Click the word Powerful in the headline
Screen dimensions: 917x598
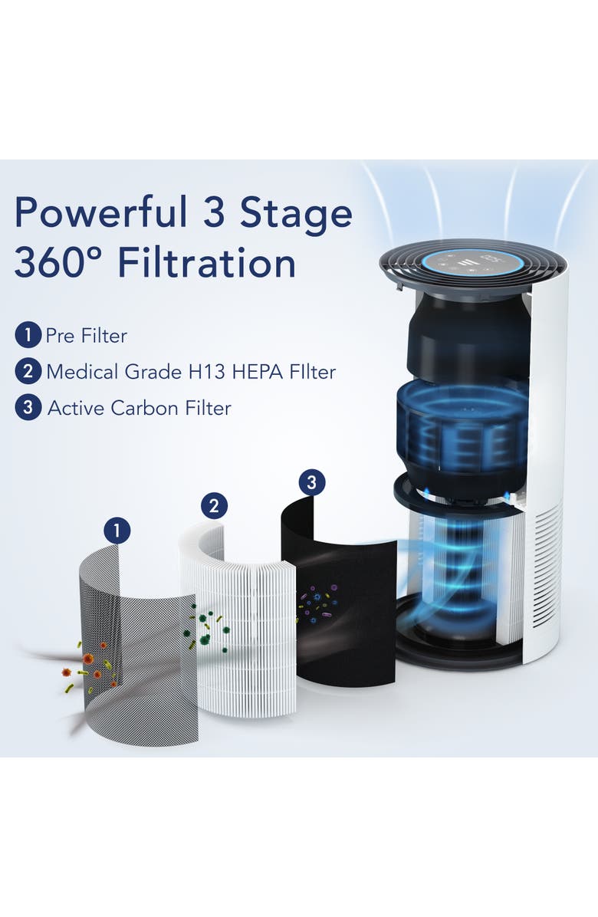(100, 214)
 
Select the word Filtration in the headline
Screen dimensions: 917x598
(208, 264)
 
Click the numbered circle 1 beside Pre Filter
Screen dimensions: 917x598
(27, 335)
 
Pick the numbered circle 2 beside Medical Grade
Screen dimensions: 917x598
(27, 372)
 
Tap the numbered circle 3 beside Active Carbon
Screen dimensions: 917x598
(27, 408)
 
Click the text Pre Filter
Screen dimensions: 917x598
(86, 335)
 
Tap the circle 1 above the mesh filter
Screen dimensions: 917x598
(117, 530)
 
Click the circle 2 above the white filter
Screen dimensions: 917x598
(214, 505)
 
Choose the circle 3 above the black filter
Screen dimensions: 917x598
(310, 482)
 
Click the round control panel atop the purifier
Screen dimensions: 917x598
(471, 263)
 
